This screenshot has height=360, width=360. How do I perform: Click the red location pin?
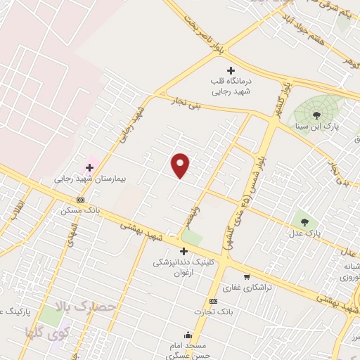click(x=181, y=165)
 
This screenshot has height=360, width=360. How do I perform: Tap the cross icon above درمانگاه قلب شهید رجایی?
click(x=231, y=70)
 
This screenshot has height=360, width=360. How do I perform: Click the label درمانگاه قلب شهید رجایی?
click(x=231, y=86)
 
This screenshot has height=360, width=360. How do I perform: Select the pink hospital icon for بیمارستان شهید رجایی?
click(x=89, y=167)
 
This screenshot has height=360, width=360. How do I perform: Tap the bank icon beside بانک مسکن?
click(x=80, y=199)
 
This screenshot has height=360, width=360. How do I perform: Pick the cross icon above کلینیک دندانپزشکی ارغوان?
click(x=184, y=251)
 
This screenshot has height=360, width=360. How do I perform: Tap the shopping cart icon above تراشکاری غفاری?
click(x=246, y=276)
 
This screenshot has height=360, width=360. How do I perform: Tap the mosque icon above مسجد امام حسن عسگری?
click(x=187, y=335)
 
